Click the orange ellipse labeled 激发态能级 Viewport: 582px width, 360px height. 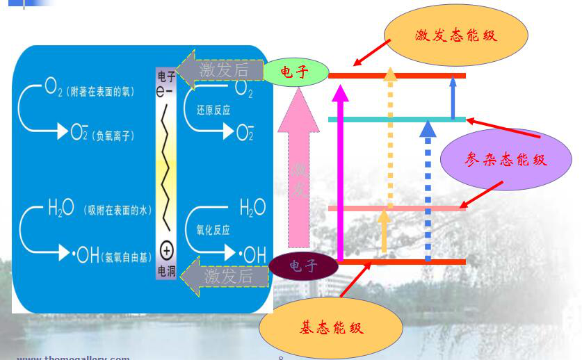point(455,35)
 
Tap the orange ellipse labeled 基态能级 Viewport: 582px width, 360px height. point(331,327)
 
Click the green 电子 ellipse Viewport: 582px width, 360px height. point(296,72)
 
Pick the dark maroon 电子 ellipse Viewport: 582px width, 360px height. point(304,265)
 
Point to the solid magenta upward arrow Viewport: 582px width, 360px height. point(340,174)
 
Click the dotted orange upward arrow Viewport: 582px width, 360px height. point(391,139)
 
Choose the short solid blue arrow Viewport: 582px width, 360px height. point(453,97)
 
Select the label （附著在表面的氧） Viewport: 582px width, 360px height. point(100,92)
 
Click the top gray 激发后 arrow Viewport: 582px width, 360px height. point(221,69)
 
